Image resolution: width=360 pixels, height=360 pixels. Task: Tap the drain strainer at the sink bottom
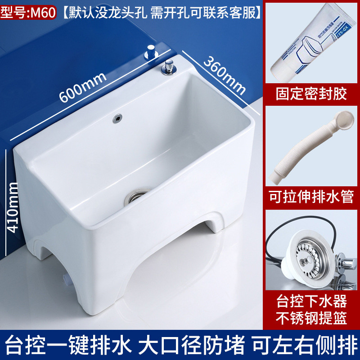[136, 197]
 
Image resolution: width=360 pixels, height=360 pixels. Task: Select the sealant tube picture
[311, 43]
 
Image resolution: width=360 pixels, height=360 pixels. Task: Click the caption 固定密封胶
[311, 94]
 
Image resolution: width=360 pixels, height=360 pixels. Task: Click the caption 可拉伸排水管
[311, 197]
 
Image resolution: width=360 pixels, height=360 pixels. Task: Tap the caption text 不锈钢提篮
[311, 318]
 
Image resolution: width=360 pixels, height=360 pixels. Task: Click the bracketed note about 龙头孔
[162, 11]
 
